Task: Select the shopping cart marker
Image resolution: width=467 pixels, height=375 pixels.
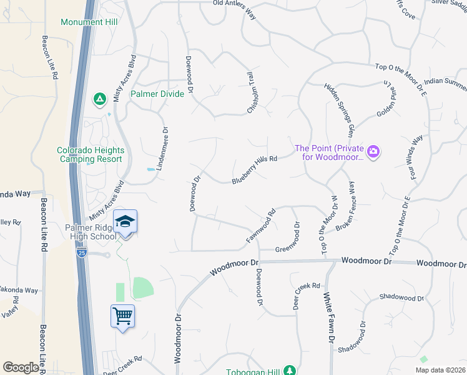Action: (122, 316)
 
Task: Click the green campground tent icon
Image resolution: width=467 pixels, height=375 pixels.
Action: (99, 98)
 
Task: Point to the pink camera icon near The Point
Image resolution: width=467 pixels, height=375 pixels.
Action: (374, 151)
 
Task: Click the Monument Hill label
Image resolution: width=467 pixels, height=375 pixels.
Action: (91, 22)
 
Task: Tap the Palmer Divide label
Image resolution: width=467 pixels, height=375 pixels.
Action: (157, 94)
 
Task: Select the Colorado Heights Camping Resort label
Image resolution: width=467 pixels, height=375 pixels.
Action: (91, 155)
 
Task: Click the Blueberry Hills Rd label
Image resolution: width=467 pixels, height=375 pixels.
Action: (254, 169)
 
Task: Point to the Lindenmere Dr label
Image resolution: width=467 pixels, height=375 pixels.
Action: (166, 144)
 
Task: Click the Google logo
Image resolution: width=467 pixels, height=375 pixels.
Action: (21, 367)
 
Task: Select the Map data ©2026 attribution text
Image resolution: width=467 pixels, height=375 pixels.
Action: (441, 370)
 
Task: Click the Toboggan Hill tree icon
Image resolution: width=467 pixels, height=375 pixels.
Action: (289, 371)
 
